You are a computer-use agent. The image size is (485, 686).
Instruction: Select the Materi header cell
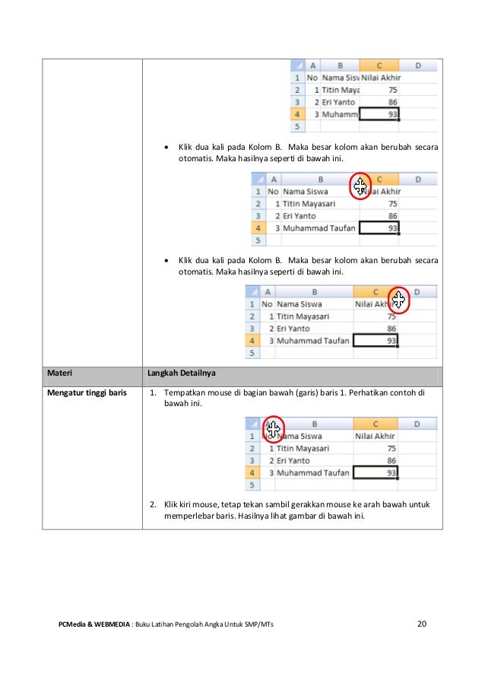click(x=60, y=373)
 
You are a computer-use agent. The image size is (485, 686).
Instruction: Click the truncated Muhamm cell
click(x=340, y=114)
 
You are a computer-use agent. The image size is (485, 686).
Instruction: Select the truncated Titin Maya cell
click(x=340, y=90)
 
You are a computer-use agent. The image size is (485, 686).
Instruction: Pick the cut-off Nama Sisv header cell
click(x=340, y=78)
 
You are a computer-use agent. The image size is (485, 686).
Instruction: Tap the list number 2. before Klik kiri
click(x=153, y=503)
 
